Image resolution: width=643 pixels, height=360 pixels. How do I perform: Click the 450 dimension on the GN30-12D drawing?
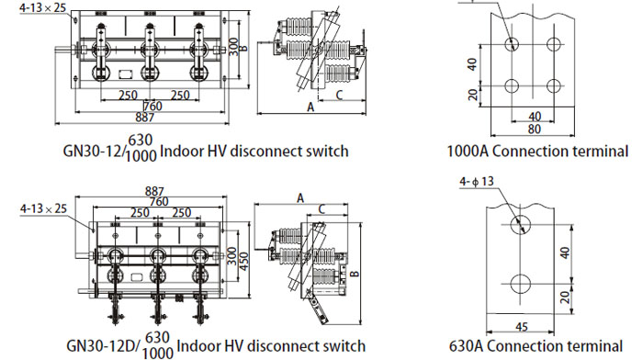[244, 261]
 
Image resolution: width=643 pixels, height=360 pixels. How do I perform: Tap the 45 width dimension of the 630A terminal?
[521, 327]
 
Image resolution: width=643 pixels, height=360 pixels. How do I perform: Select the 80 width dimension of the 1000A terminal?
[534, 129]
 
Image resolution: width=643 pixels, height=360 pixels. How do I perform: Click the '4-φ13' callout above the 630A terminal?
[477, 182]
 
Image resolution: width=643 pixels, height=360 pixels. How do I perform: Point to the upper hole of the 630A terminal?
[521, 225]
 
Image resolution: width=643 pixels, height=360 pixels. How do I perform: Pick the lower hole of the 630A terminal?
[521, 284]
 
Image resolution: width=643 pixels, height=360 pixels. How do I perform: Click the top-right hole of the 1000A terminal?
[554, 44]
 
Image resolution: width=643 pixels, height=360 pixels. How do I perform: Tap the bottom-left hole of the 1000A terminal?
[512, 86]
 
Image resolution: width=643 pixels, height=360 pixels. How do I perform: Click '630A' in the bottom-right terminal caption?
[466, 346]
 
